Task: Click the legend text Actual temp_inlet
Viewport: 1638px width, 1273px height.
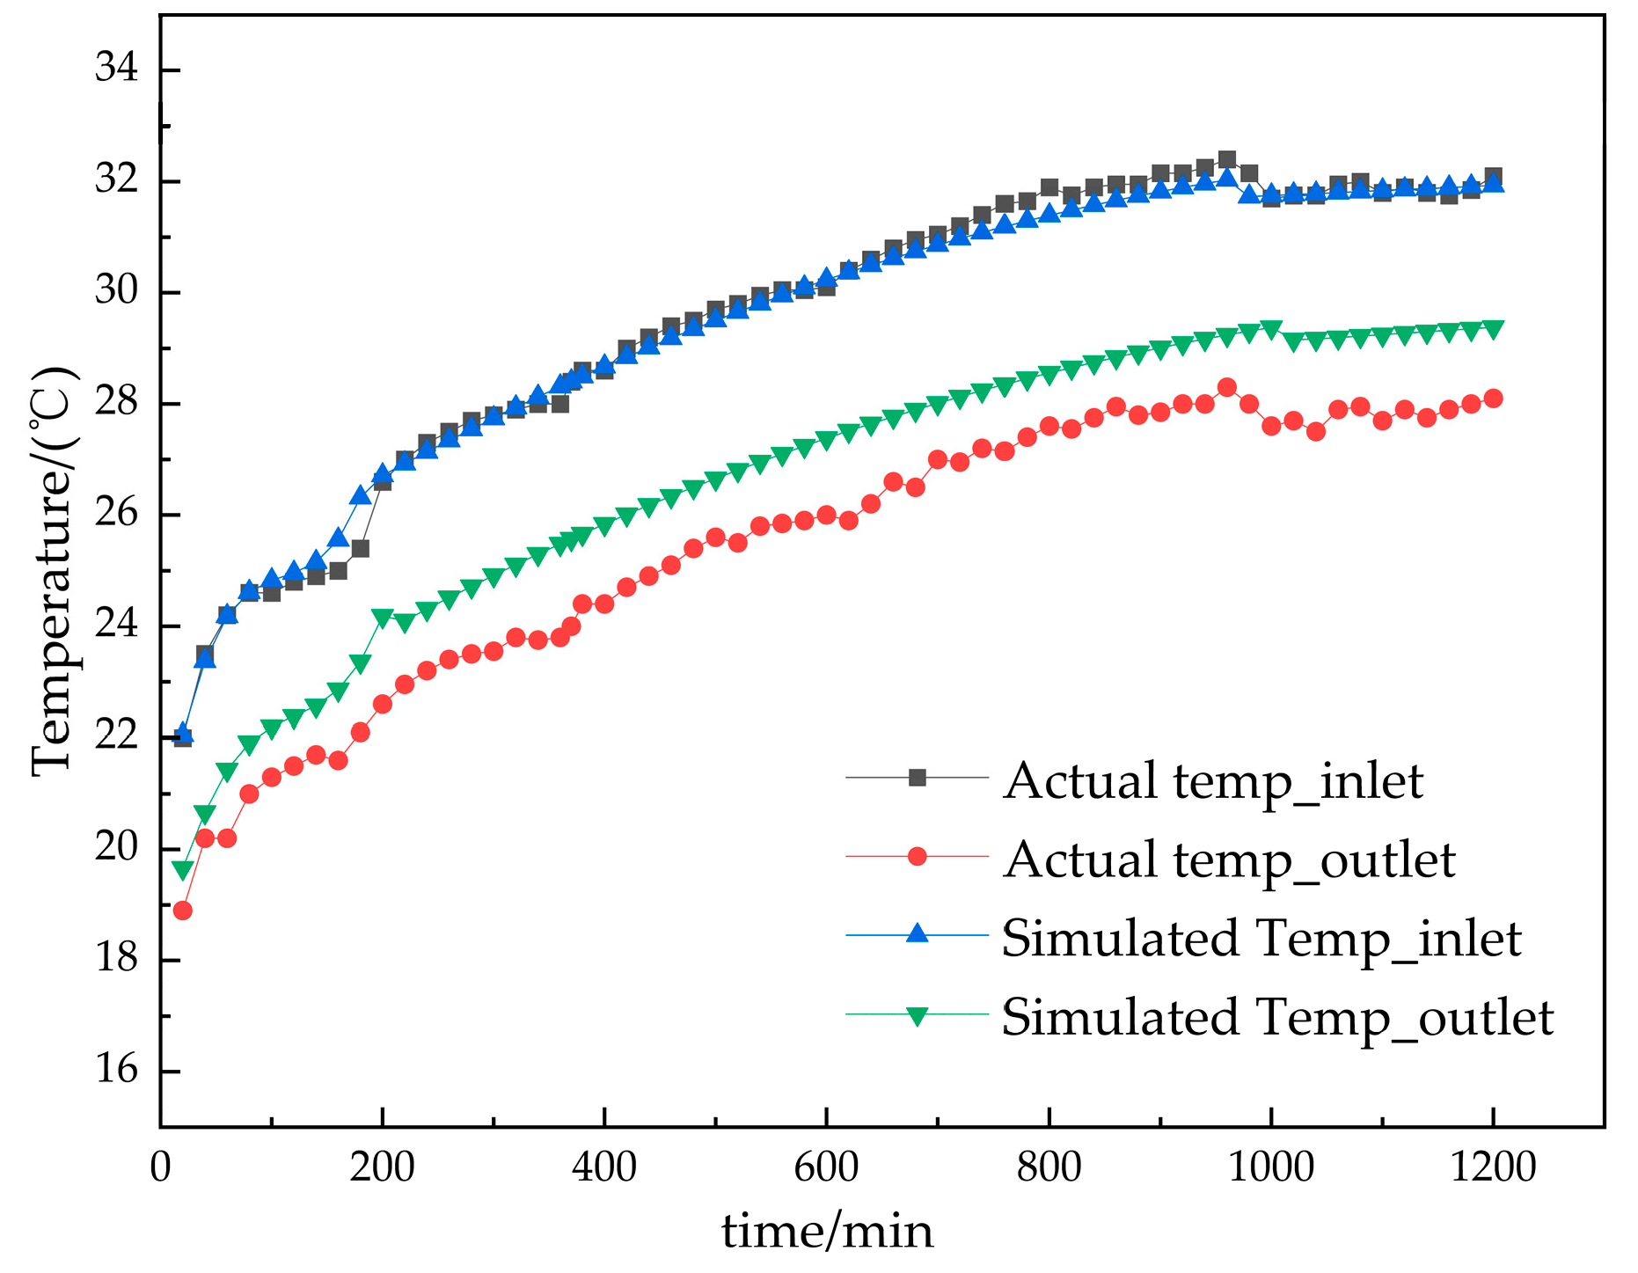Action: (x=1212, y=781)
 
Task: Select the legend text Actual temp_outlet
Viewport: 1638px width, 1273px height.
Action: (x=1229, y=860)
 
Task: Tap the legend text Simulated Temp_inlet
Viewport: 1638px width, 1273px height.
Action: (x=1261, y=939)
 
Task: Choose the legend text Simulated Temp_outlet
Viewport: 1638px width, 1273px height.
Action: (x=1277, y=1018)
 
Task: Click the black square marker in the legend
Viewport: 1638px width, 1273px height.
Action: (x=918, y=778)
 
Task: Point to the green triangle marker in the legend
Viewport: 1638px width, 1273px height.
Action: (x=918, y=1016)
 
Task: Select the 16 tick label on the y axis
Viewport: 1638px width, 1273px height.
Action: (x=116, y=1070)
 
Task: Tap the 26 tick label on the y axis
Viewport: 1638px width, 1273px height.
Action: (x=116, y=513)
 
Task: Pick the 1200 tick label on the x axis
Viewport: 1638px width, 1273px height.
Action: (x=1493, y=1167)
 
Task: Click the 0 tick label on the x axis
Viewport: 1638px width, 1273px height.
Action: (x=160, y=1167)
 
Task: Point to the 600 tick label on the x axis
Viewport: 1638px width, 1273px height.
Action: (x=826, y=1167)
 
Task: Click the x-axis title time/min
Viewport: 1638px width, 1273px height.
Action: (x=827, y=1231)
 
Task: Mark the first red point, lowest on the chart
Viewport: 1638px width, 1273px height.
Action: (x=182, y=910)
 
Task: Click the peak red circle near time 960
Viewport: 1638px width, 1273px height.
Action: (x=1226, y=387)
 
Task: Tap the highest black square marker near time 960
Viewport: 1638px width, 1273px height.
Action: (x=1226, y=160)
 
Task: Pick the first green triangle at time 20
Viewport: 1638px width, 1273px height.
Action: (x=182, y=870)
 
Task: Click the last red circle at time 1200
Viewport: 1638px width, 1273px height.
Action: (x=1493, y=399)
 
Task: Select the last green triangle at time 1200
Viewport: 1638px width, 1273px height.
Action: (x=1493, y=328)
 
